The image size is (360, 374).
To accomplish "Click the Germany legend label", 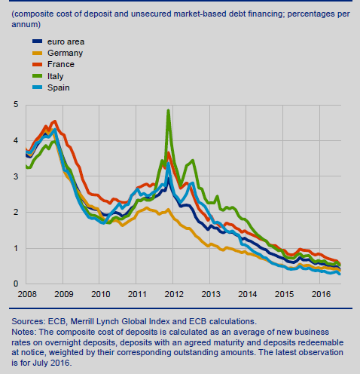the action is point(65,53).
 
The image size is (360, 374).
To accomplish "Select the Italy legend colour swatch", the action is point(38,75).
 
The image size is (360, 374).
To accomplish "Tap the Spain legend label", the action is point(59,87).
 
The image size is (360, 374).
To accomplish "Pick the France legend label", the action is point(61,64).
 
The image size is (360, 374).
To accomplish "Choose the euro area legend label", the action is point(66,41).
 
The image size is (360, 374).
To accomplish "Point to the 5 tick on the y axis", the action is point(16,104).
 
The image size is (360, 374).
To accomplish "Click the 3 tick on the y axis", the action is point(16,176).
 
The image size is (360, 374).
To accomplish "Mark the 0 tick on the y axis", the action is point(16,284).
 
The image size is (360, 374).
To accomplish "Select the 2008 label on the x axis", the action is point(27,294).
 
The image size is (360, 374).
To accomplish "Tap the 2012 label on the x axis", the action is point(174,294).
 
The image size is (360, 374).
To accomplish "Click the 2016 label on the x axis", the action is point(321,294).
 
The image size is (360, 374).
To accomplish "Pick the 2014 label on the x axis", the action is point(248,294).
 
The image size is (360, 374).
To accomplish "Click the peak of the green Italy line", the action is point(168,110).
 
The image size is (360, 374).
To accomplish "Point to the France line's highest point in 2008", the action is point(55,121).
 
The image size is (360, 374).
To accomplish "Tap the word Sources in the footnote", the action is point(27,321).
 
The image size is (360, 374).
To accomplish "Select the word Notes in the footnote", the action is point(24,332).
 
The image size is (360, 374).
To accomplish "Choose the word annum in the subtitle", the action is point(25,24).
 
